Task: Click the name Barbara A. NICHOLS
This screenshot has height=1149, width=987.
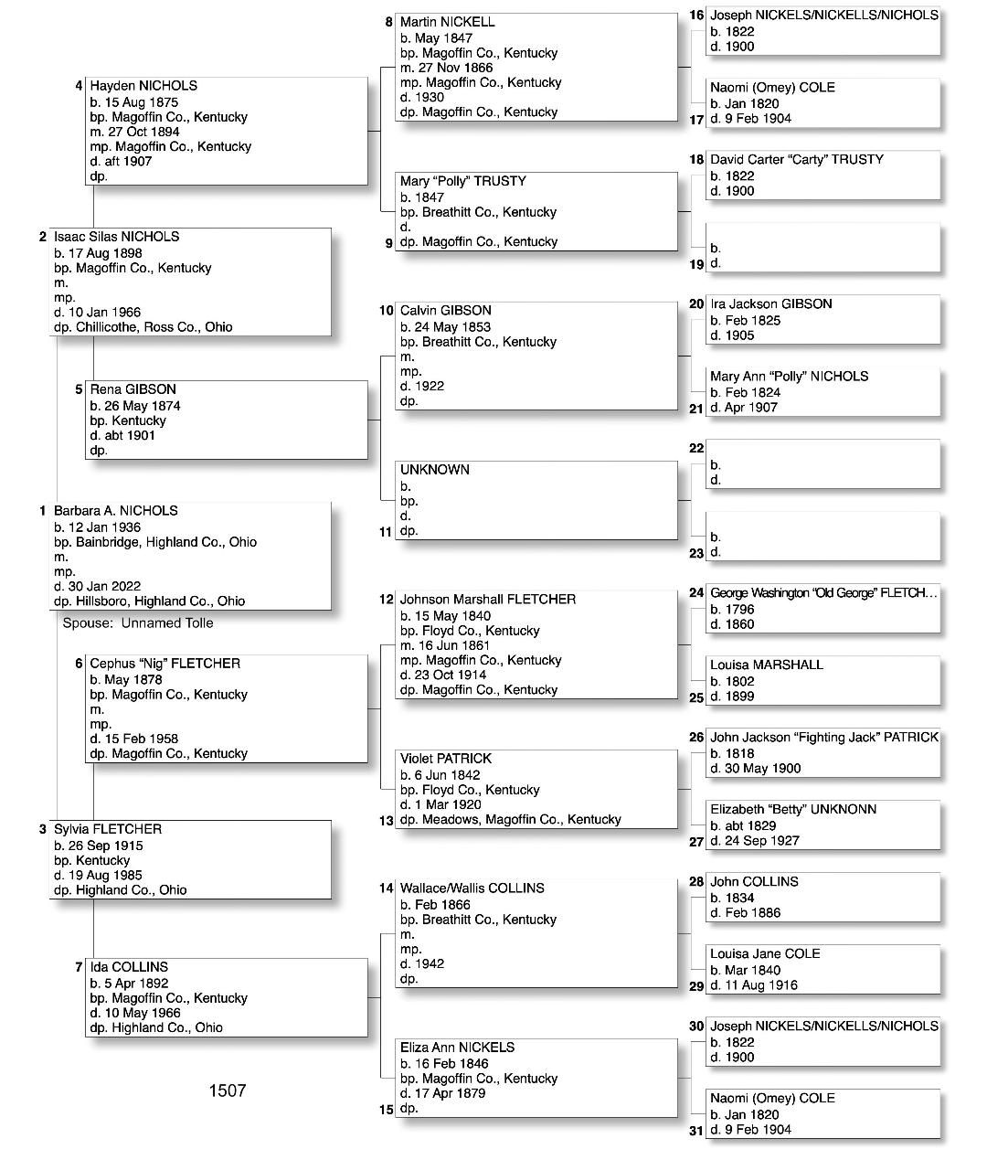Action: (115, 511)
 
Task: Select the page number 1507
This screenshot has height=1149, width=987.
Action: (227, 1090)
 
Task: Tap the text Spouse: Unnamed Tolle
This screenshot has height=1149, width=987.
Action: (137, 623)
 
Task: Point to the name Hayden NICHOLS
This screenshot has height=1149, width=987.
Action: (143, 86)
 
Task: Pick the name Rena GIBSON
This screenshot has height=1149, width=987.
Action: (133, 389)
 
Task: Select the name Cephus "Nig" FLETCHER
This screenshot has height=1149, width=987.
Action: (164, 664)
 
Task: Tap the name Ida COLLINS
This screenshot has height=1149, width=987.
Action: (129, 967)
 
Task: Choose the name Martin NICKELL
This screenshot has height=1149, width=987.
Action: (447, 22)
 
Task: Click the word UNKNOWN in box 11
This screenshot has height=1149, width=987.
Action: (434, 470)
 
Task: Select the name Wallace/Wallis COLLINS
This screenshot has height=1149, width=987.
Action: (472, 888)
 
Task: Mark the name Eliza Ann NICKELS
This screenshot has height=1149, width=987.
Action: (457, 1048)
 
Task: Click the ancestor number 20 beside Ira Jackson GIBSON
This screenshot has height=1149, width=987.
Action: (696, 304)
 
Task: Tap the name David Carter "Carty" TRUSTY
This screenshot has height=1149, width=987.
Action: (797, 160)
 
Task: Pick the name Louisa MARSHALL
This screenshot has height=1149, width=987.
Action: (766, 665)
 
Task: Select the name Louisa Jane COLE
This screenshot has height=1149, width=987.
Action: (765, 954)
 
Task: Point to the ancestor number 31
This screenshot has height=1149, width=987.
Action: (696, 1131)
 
